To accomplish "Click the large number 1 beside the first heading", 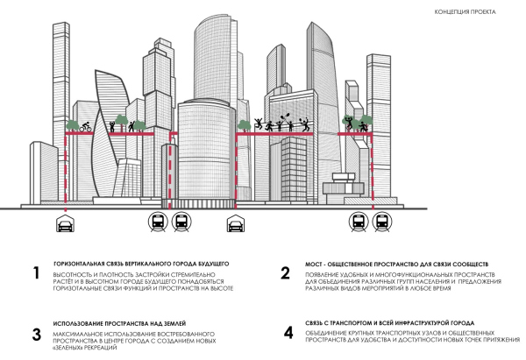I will (36, 272).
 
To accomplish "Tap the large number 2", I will (286, 272).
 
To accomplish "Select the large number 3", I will (36, 334).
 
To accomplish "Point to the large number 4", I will (288, 334).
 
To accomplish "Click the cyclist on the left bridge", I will (86, 128).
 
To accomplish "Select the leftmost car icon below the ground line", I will (64, 223).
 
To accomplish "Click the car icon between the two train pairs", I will (235, 223).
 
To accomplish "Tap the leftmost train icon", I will (160, 223).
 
